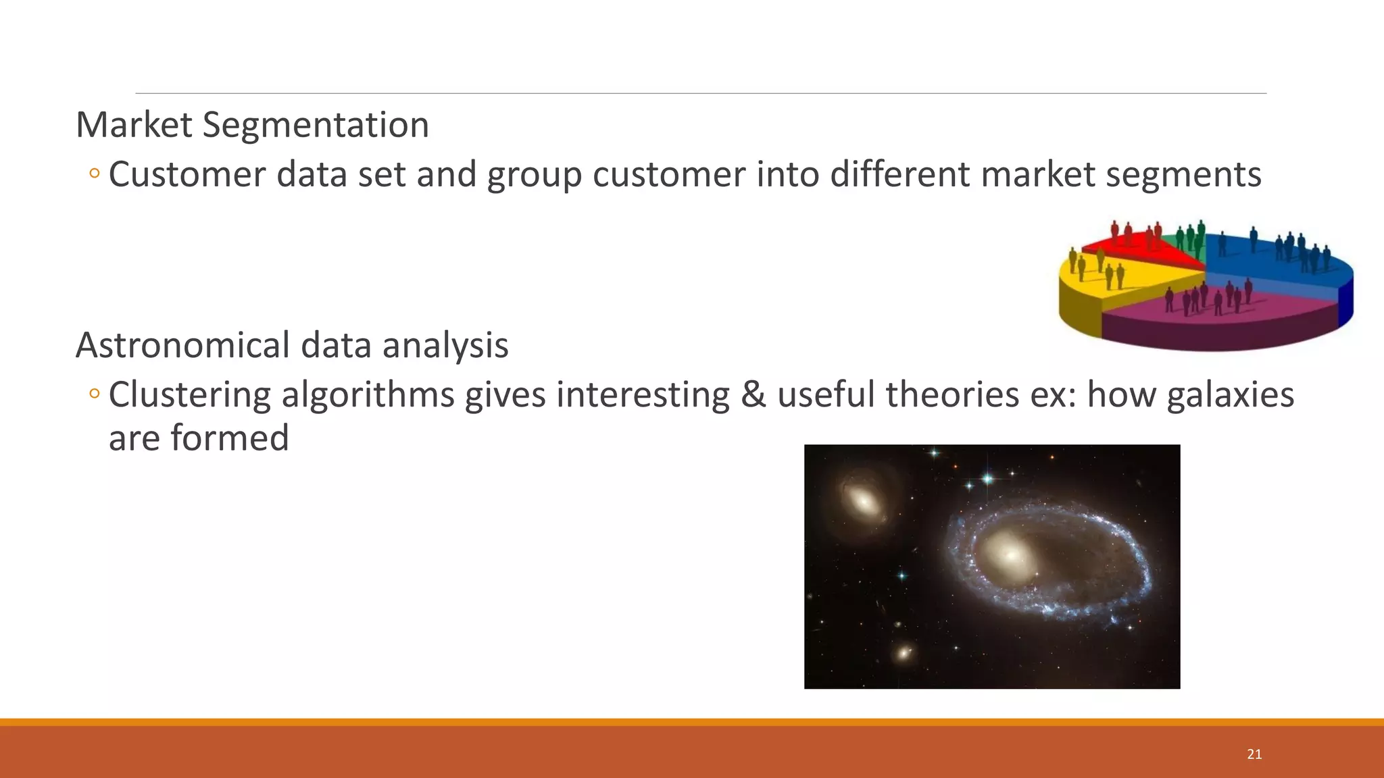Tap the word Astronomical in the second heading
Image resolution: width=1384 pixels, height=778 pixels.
[x=182, y=345]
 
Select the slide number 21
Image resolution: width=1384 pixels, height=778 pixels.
[x=1254, y=754]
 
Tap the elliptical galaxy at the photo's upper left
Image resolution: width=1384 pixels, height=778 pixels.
[x=864, y=502]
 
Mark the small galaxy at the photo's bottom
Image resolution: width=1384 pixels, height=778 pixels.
[x=904, y=653]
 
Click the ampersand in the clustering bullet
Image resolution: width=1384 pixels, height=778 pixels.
[x=753, y=395]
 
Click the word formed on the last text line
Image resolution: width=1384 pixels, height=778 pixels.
[x=230, y=438]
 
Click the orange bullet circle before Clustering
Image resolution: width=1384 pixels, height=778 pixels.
[x=94, y=393]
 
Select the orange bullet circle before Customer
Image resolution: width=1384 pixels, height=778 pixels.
[x=94, y=174]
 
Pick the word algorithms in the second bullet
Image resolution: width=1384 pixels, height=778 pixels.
[x=368, y=395]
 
